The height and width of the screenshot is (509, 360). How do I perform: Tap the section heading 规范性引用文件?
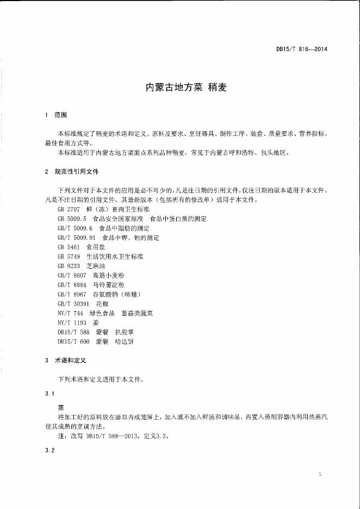77,171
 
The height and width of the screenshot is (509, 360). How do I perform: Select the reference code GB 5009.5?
72,219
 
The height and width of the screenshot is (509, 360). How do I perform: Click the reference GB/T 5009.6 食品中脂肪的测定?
103,228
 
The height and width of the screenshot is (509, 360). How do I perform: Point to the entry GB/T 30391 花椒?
83,294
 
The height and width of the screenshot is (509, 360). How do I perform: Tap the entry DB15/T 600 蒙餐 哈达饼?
95,342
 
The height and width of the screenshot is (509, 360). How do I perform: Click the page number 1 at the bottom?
320,475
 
